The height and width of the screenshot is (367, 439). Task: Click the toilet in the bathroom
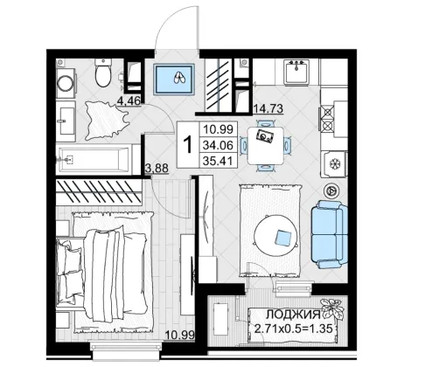click(x=103, y=73)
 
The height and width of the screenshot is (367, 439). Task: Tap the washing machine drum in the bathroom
click(x=66, y=84)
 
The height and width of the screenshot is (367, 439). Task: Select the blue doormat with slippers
click(x=174, y=79)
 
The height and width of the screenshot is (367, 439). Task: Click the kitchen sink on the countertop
click(x=296, y=72)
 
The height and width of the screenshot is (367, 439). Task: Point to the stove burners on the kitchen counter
click(x=328, y=119)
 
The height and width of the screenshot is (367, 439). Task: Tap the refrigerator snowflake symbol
click(x=335, y=164)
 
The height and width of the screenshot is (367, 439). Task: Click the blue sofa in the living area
click(x=329, y=234)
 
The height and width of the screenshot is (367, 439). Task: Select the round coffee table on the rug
click(x=276, y=235)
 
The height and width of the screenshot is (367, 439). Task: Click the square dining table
click(x=265, y=145)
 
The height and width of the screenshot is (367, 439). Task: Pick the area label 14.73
click(x=268, y=108)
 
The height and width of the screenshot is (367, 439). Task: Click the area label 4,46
click(x=129, y=100)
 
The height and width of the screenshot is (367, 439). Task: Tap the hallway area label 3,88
click(x=157, y=168)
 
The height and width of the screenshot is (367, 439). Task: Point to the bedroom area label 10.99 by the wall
click(x=180, y=336)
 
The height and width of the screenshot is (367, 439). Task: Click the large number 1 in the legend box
click(x=188, y=145)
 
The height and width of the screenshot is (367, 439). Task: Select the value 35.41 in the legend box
click(x=218, y=161)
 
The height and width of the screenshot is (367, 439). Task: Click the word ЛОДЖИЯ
click(x=294, y=315)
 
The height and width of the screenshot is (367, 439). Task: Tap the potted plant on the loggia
click(x=332, y=308)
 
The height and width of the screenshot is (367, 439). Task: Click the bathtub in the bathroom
click(x=94, y=159)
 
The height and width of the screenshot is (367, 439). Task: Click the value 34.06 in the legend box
click(x=218, y=145)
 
